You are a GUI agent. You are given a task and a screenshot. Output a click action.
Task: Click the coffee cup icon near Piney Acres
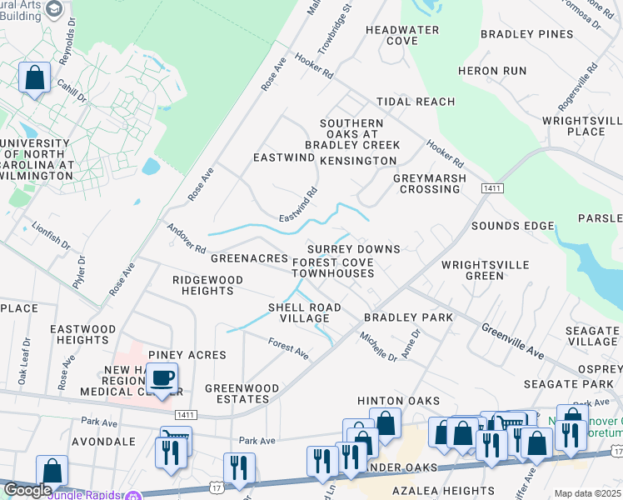[x=162, y=377]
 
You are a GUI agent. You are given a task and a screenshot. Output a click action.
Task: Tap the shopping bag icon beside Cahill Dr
[x=35, y=78]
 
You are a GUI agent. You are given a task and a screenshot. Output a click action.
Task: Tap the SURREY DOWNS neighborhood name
[x=353, y=249]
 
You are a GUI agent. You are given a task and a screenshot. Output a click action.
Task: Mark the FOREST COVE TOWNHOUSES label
[x=332, y=267]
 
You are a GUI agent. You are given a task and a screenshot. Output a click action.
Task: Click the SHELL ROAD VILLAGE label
[x=304, y=313]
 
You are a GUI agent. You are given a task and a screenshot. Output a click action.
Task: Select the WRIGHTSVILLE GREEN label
[x=485, y=270]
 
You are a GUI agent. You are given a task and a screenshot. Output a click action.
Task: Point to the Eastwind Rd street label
[x=298, y=204]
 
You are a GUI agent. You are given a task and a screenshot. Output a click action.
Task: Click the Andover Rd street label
[x=186, y=237]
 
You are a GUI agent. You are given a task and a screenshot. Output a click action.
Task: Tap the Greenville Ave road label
[x=512, y=342]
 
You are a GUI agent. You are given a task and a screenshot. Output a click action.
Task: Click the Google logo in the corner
[x=27, y=490]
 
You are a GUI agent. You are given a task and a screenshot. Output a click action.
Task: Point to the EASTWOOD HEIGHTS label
[x=83, y=335]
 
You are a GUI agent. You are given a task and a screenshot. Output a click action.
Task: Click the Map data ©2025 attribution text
[x=587, y=493]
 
